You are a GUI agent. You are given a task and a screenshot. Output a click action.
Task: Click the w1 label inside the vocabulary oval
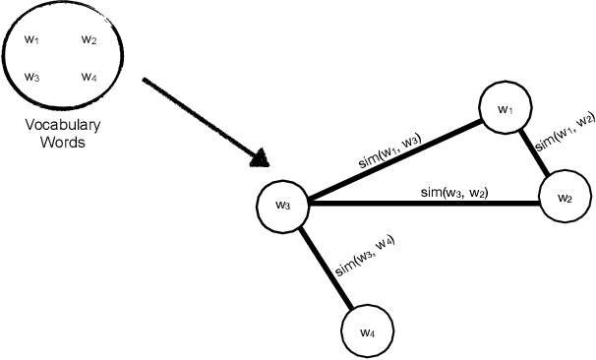[x=31, y=39]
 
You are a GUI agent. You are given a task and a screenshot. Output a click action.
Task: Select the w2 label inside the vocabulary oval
[x=89, y=39]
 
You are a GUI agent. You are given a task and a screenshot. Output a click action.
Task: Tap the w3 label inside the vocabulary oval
[x=31, y=77]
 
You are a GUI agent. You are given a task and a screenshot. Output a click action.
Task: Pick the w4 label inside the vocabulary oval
[x=89, y=77]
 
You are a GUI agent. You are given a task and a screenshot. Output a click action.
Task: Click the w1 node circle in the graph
[x=506, y=109]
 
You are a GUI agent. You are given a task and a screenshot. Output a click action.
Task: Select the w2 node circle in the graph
[x=565, y=198]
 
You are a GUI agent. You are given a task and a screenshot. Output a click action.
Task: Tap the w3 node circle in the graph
[x=282, y=206]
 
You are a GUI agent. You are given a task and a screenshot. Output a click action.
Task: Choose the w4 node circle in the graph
[x=367, y=332]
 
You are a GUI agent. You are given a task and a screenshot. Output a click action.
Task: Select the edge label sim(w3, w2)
[x=454, y=190]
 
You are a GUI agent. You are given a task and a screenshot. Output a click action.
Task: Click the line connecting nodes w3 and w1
[x=393, y=163]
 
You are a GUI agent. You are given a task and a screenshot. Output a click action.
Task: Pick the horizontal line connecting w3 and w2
[x=423, y=204]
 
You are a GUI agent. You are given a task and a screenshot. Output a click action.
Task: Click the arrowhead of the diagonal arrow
[x=262, y=157]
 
